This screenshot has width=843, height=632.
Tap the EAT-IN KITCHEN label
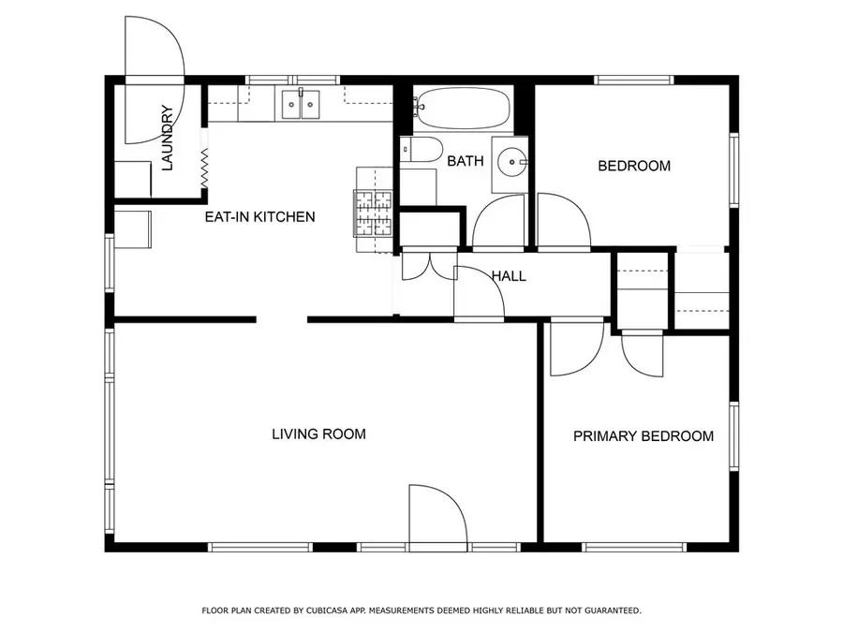tap(259, 217)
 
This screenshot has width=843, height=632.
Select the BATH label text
tap(465, 161)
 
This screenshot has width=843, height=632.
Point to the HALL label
tap(509, 276)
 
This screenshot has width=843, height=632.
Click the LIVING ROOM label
tap(318, 434)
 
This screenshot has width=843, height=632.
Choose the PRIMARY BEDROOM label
tap(643, 436)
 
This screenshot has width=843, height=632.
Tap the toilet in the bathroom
tap(419, 150)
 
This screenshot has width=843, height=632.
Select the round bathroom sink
tap(511, 162)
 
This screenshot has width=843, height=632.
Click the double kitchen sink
tap(301, 104)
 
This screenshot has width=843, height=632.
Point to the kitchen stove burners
tap(372, 214)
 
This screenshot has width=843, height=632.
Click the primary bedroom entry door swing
tap(573, 347)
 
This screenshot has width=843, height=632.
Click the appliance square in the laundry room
tap(133, 178)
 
